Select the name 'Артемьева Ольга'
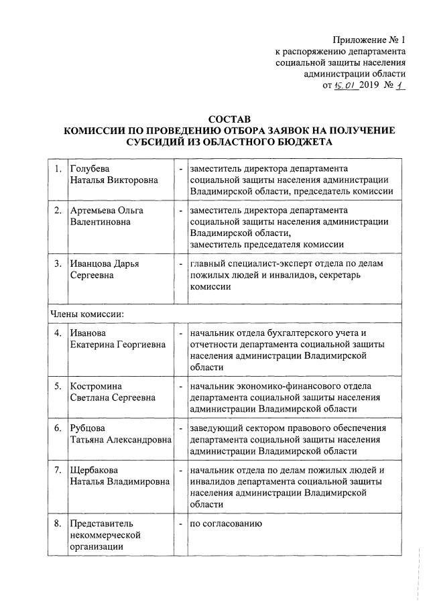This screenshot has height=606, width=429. tap(107, 210)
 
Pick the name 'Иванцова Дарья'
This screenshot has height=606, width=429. tap(105, 263)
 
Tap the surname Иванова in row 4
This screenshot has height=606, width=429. tap(88, 333)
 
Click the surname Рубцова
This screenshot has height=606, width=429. tap(88, 428)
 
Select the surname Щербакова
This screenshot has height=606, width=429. tap(95, 469)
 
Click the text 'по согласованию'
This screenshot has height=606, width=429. tap(224, 522)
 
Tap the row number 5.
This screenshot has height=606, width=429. tap(58, 386)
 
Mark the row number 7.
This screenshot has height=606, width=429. tap(58, 469)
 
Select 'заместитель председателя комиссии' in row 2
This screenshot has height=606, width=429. tap(267, 245)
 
